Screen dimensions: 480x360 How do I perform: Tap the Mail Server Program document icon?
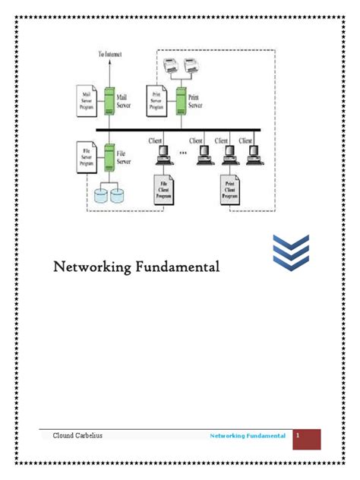(x=85, y=101)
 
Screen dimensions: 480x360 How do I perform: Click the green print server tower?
(x=182, y=102)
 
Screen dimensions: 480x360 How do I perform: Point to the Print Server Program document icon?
(x=157, y=101)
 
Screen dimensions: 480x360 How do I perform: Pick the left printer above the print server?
(x=171, y=67)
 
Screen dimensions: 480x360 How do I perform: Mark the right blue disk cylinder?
(x=117, y=196)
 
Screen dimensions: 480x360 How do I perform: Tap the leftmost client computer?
(x=163, y=155)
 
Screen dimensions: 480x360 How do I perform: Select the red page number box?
(x=307, y=438)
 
